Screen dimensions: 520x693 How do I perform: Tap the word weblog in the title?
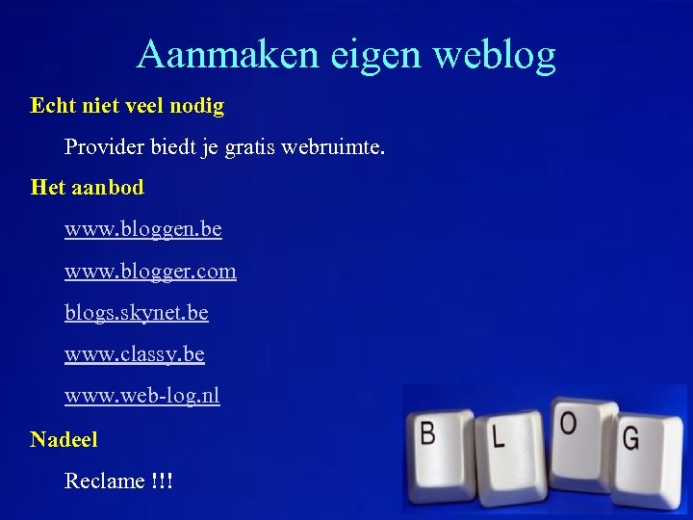pos(495,55)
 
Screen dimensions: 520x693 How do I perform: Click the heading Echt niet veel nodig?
pos(127,106)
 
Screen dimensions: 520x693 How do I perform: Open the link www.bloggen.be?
pos(143,230)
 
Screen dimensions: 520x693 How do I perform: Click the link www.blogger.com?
pos(150,272)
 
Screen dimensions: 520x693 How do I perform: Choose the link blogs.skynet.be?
pos(136,313)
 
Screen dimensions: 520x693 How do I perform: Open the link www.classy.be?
pos(135,355)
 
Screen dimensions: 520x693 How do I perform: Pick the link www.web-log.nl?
pos(142,396)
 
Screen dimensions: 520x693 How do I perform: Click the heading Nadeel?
pos(64,440)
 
